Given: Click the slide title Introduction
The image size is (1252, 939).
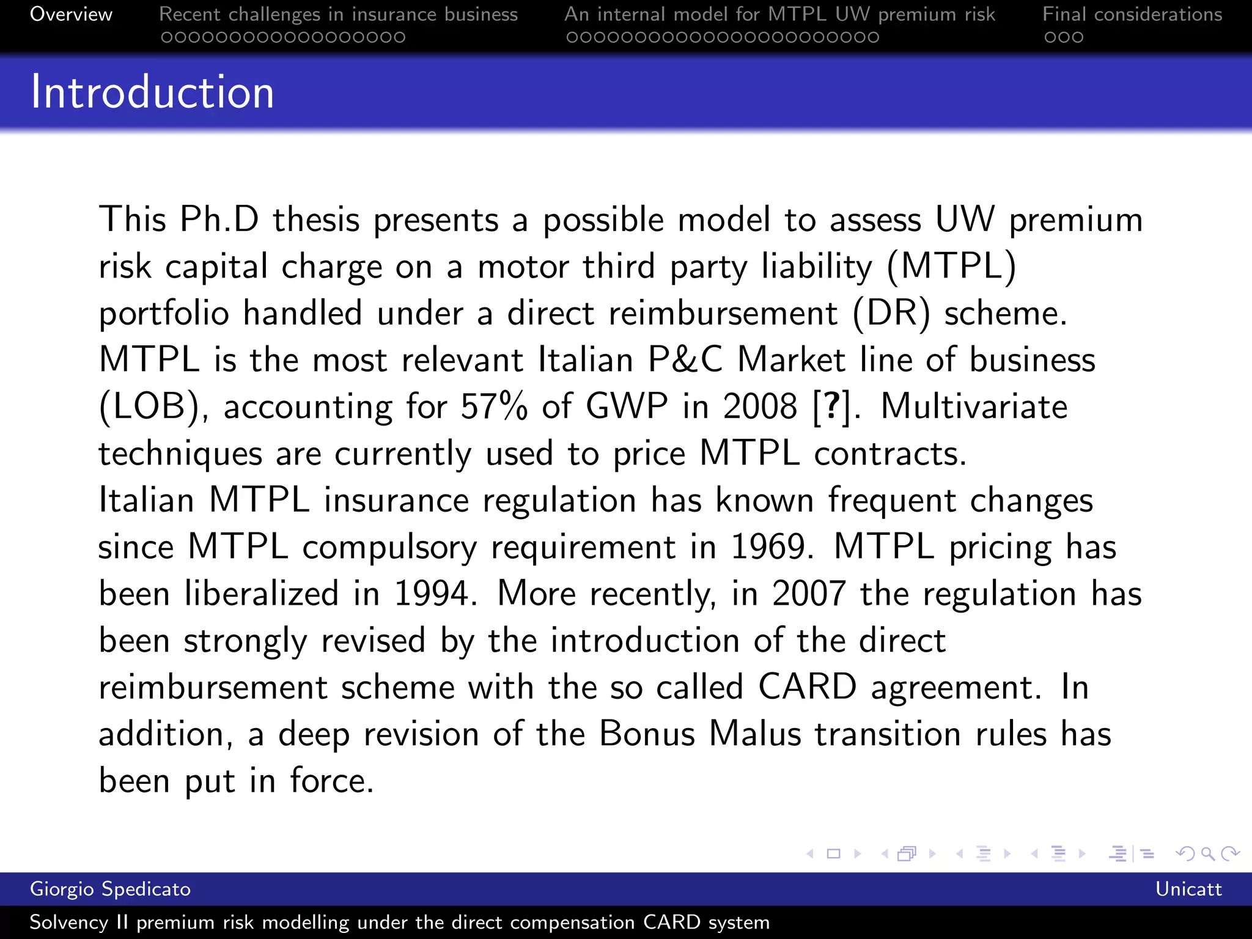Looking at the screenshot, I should pyautogui.click(x=152, y=92).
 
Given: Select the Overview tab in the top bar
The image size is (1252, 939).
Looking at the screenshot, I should pyautogui.click(x=71, y=14).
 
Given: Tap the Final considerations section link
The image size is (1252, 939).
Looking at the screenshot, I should pyautogui.click(x=1132, y=14).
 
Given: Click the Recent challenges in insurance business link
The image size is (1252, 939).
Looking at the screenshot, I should pyautogui.click(x=338, y=14).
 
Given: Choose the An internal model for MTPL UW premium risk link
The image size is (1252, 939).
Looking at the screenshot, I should pyautogui.click(x=779, y=14).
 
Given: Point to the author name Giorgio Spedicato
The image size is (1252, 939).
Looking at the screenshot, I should pyautogui.click(x=110, y=889).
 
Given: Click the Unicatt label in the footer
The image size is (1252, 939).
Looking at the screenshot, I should pyautogui.click(x=1188, y=889).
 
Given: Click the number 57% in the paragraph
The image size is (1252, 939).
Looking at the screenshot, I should pyautogui.click(x=493, y=407).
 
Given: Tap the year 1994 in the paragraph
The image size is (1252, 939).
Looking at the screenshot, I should pyautogui.click(x=432, y=594).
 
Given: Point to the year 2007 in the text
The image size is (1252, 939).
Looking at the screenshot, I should pyautogui.click(x=809, y=594).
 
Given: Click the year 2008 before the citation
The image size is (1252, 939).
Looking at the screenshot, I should pyautogui.click(x=760, y=407).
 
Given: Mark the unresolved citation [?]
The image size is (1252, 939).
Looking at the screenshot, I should pyautogui.click(x=832, y=407).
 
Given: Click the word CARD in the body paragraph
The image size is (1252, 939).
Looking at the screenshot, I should pyautogui.click(x=807, y=687).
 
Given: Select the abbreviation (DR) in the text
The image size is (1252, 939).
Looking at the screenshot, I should pyautogui.click(x=891, y=313).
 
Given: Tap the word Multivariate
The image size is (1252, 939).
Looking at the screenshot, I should pyautogui.click(x=974, y=407).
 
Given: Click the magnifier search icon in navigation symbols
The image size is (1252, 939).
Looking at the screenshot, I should pyautogui.click(x=1207, y=853).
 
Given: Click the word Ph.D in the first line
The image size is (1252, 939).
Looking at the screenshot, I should pyautogui.click(x=219, y=219).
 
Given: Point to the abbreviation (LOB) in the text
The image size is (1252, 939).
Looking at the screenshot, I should pyautogui.click(x=150, y=407).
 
